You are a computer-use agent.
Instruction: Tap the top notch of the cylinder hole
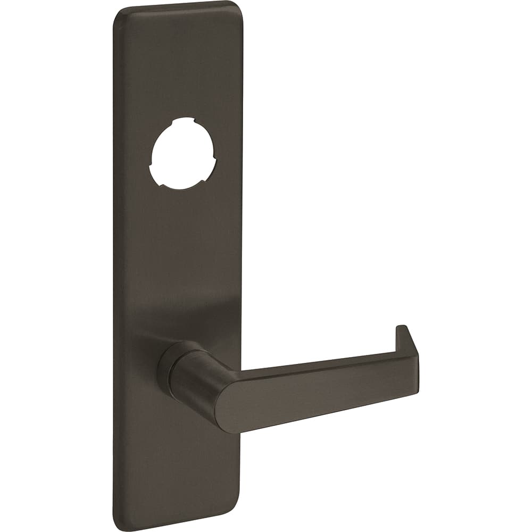(184, 121)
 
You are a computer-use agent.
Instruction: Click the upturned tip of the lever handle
(402, 330)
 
